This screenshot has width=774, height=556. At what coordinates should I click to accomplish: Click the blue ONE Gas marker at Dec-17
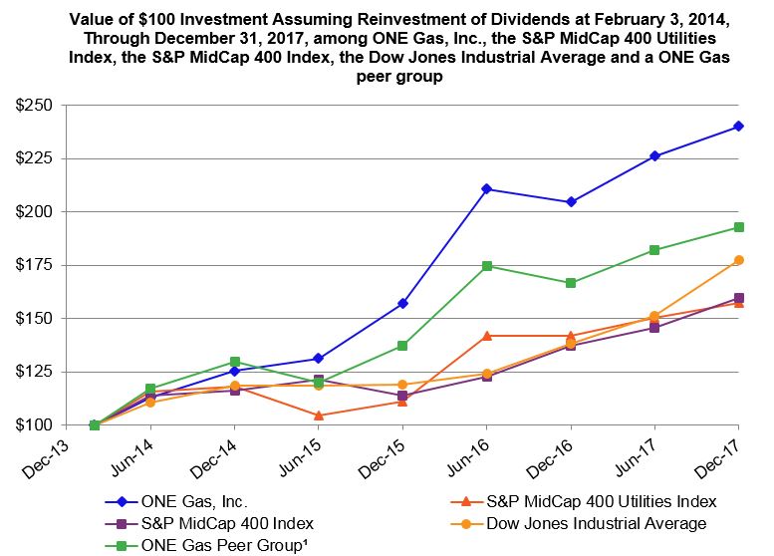pos(739,126)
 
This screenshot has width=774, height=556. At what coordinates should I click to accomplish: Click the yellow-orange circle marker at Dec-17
pos(739,260)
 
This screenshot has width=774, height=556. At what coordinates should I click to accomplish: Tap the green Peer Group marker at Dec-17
pos(739,227)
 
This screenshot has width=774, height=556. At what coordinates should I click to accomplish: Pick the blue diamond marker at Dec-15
pos(403,303)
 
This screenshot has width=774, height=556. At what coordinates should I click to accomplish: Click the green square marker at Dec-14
pos(235,362)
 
